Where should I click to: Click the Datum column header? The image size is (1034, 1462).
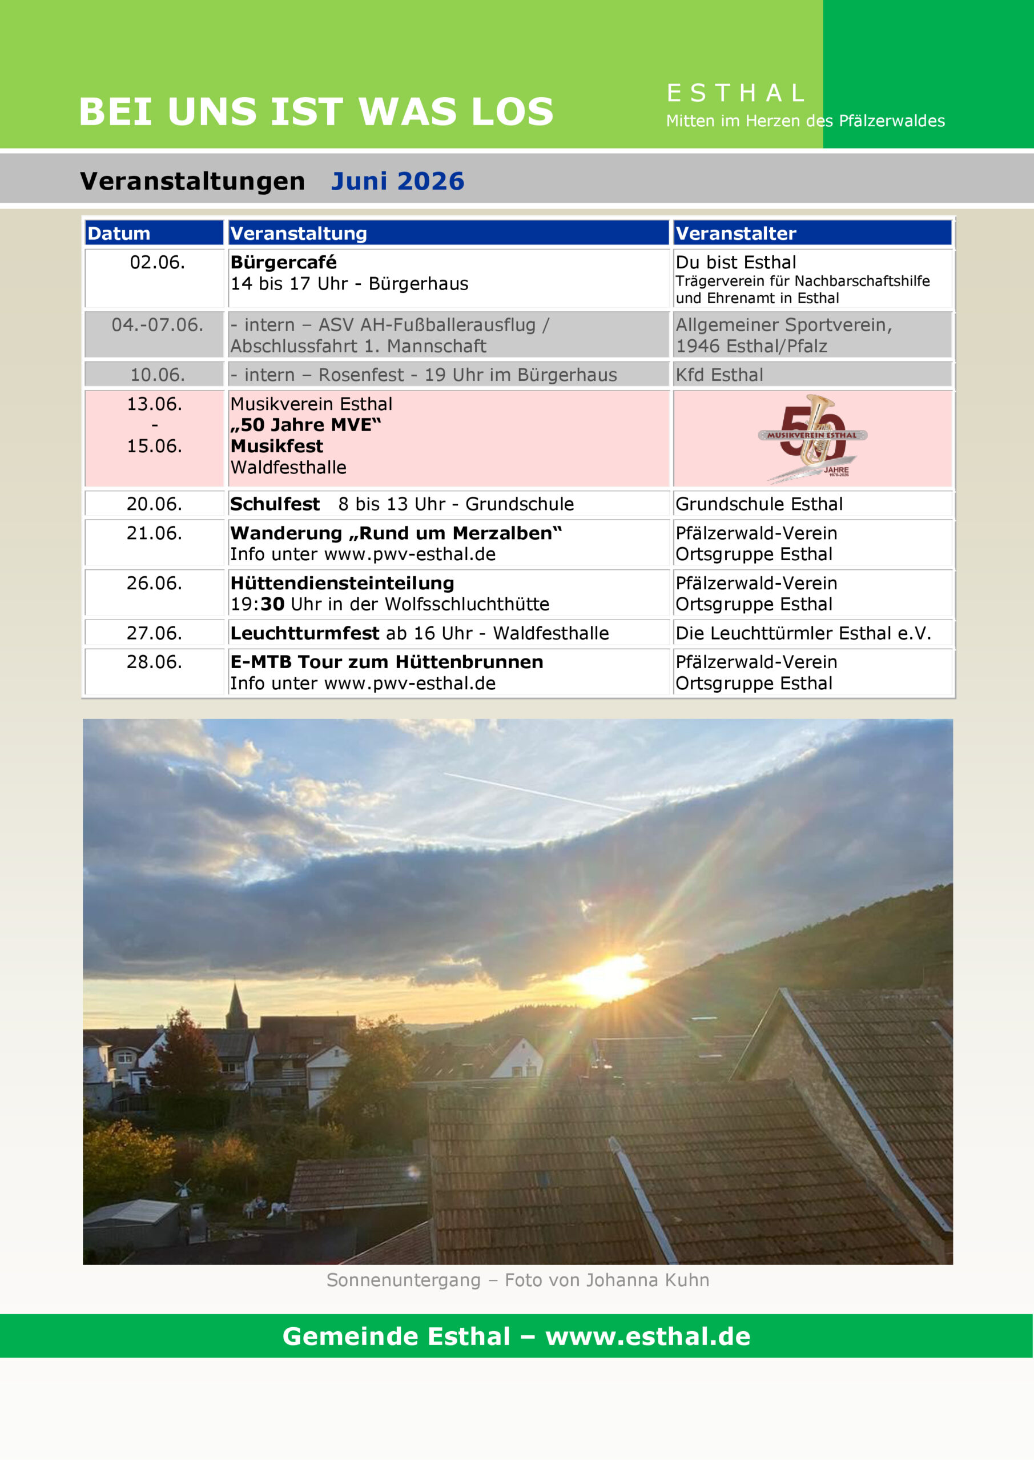click(x=119, y=234)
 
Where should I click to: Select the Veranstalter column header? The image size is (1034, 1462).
click(x=735, y=234)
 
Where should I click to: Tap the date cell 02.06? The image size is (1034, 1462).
click(x=157, y=262)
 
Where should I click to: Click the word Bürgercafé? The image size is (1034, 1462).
click(x=283, y=262)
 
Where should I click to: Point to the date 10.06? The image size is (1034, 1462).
click(x=157, y=375)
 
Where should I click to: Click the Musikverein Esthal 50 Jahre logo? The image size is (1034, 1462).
click(x=813, y=439)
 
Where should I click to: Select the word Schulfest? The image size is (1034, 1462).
click(x=275, y=504)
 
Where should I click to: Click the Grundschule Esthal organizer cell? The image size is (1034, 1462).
click(x=759, y=504)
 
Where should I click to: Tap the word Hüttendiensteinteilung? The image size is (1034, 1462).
click(x=342, y=583)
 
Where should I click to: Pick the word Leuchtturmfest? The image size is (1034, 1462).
click(x=304, y=633)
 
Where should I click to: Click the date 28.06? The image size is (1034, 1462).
click(x=154, y=662)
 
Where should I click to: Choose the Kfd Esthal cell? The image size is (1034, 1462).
click(x=719, y=375)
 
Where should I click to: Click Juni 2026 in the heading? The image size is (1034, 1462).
click(x=397, y=182)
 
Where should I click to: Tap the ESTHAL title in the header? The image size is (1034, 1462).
click(x=736, y=94)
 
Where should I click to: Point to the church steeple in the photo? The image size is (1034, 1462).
click(x=236, y=1006)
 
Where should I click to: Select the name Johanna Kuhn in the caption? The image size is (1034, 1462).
click(x=647, y=1280)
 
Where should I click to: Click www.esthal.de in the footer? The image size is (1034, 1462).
click(x=647, y=1336)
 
